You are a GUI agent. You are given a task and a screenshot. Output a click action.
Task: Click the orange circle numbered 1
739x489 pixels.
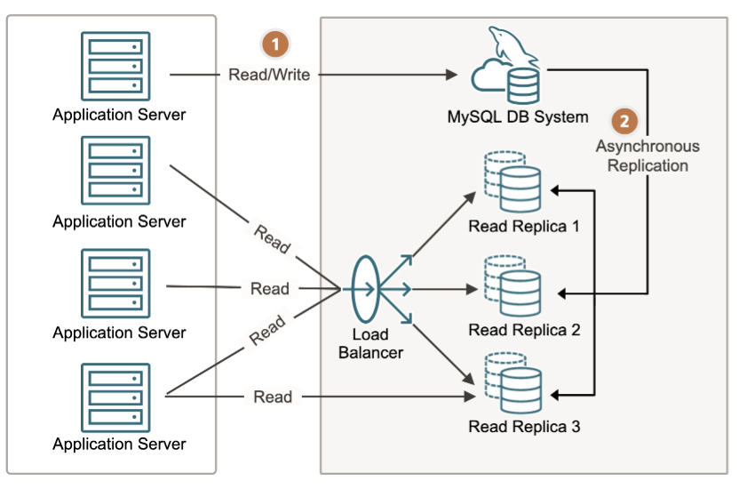pos(275,42)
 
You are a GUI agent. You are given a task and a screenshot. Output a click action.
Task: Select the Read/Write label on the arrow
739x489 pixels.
pos(269,75)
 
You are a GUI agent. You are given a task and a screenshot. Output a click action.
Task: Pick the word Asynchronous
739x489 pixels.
pos(648,146)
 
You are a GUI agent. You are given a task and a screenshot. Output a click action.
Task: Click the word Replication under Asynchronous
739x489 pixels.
pos(648,165)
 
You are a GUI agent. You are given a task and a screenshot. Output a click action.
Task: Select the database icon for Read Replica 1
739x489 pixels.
pos(513,182)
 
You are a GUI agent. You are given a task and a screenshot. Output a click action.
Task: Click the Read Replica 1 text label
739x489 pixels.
pos(524,226)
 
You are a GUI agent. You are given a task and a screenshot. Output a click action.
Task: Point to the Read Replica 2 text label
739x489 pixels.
pos(524,330)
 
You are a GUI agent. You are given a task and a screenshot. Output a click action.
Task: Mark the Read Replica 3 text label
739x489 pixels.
pos(524,427)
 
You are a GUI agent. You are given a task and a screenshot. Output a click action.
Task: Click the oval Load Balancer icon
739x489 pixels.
pos(365,288)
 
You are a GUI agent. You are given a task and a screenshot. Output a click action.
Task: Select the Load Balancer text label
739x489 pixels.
pos(371,344)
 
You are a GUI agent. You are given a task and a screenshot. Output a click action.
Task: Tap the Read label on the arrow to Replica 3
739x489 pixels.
pos(273,397)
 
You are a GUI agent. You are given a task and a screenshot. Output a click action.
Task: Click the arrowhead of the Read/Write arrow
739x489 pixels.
pos(449,76)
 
